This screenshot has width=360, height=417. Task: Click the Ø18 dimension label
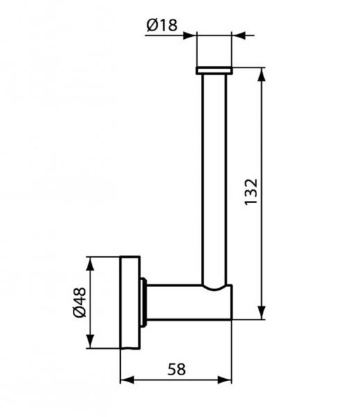click(161, 26)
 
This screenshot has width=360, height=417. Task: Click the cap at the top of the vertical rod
click(214, 70)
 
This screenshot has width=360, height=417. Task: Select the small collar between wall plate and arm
click(143, 302)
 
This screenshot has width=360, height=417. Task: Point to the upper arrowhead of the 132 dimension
click(262, 72)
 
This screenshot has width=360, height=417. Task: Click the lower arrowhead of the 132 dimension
click(262, 314)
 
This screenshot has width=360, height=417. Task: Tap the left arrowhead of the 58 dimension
click(126, 380)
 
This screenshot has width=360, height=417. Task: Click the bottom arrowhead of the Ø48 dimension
click(90, 344)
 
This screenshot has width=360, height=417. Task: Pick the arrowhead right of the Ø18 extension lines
click(237, 33)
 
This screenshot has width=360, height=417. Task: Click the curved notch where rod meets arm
click(214, 286)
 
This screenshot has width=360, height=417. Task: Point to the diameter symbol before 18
click(152, 26)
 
